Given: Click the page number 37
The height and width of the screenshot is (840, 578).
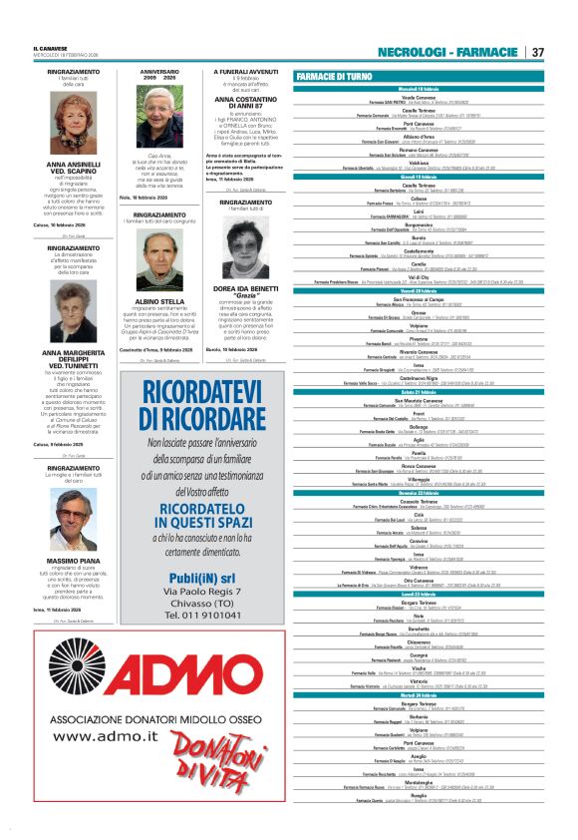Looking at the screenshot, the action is point(537,52).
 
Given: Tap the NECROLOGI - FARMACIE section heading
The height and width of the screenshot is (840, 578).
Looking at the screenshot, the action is point(448,52).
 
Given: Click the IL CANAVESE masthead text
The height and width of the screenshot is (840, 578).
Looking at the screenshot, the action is point(48,48).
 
